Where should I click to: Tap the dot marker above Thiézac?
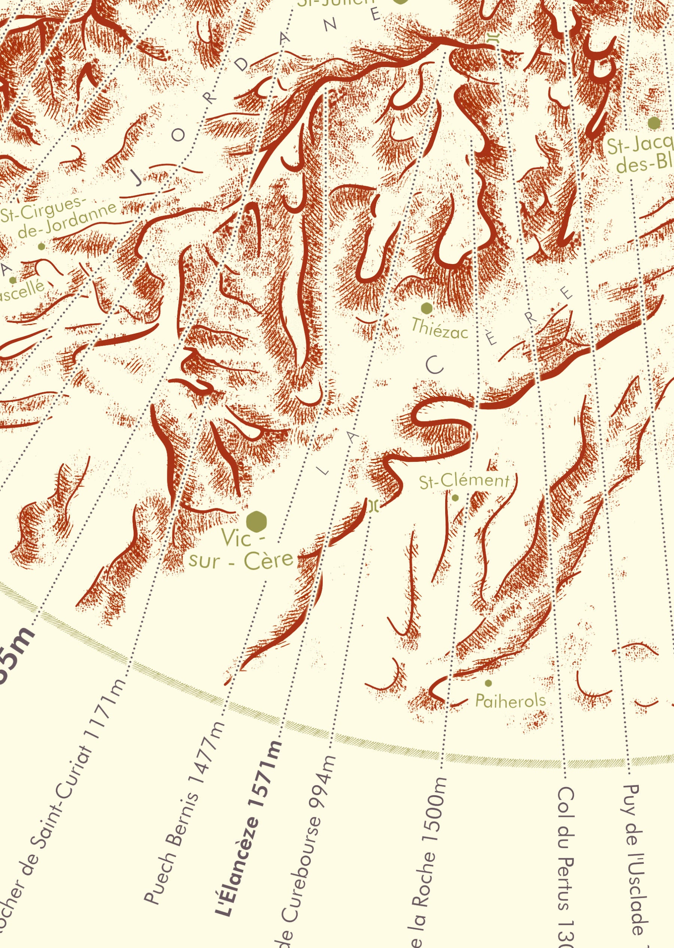point(426,308)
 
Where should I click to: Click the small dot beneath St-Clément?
point(455,498)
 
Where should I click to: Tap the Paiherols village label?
point(510,701)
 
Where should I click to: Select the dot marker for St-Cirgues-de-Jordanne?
point(41,246)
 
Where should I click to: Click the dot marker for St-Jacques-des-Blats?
point(654,123)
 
